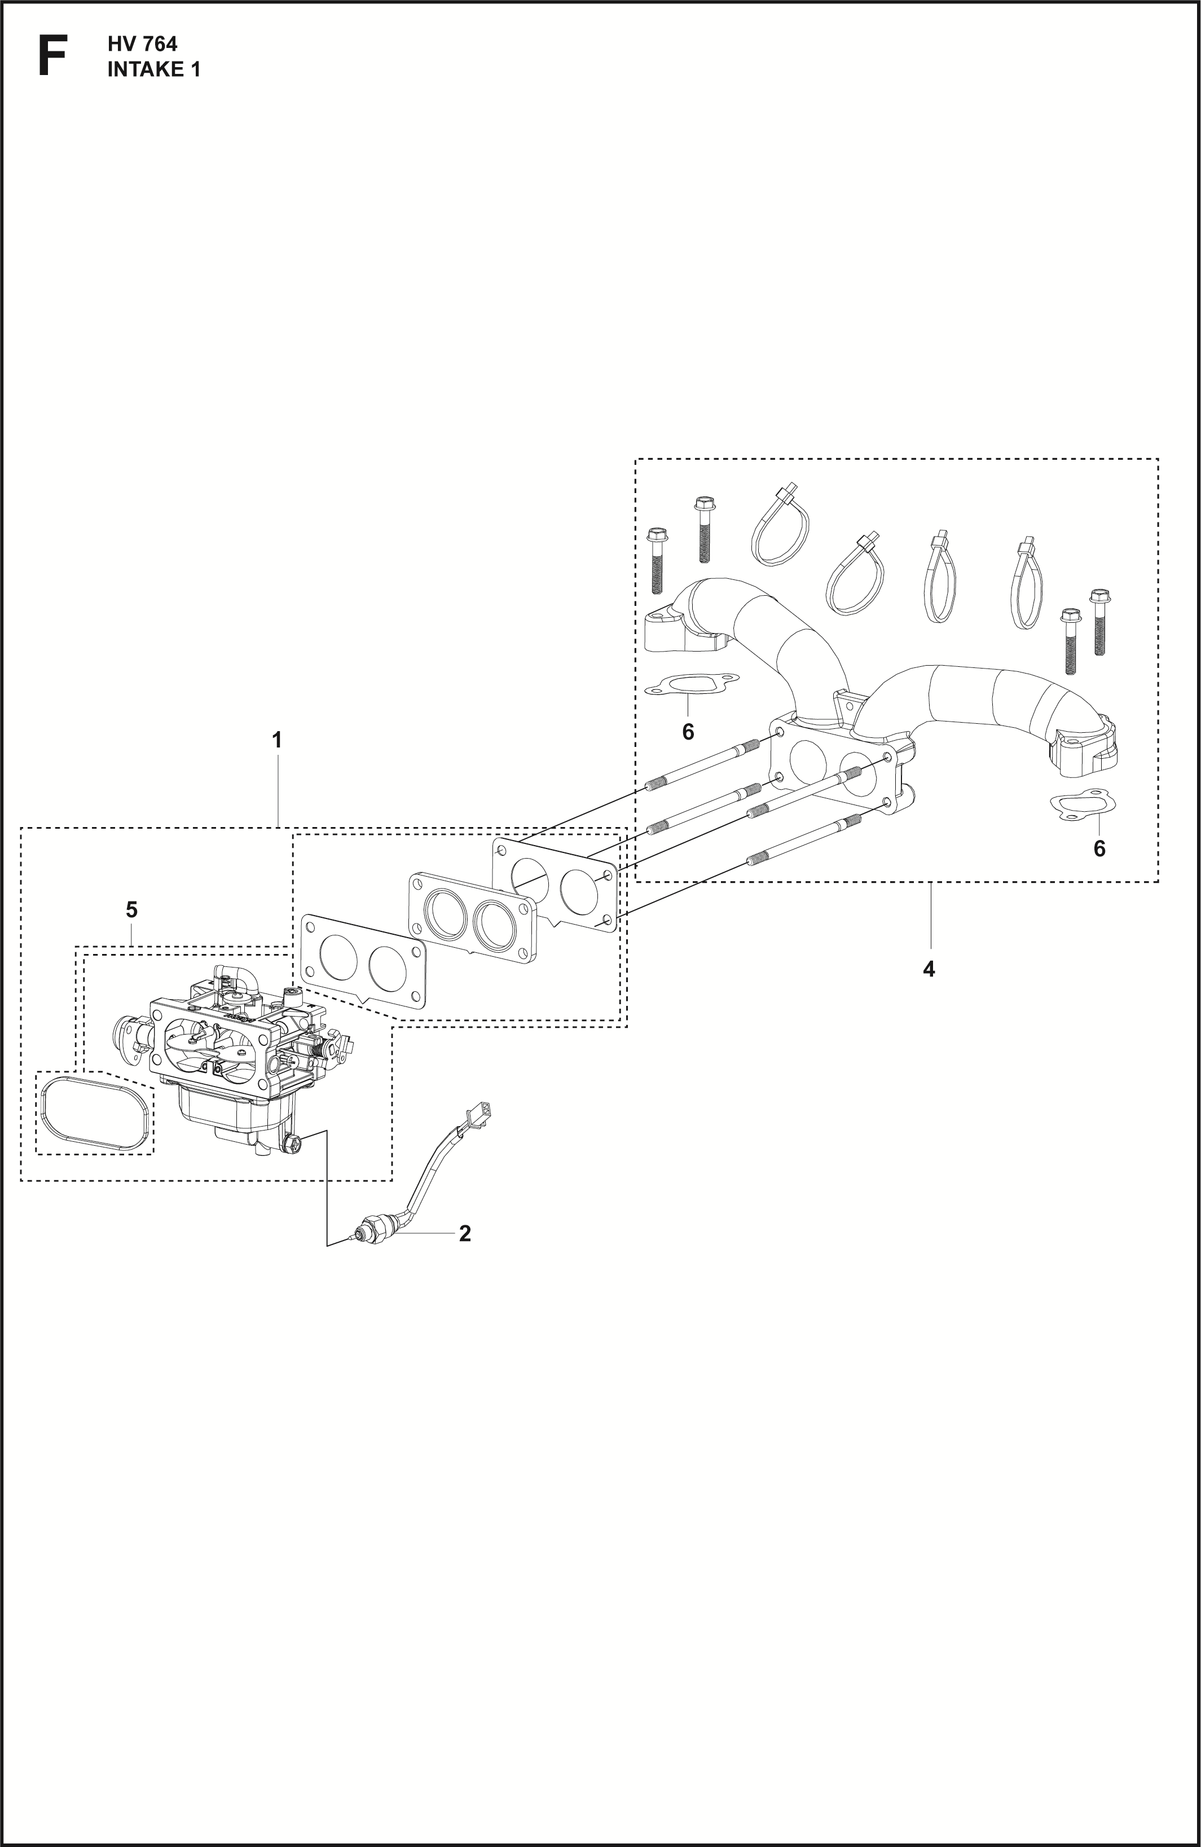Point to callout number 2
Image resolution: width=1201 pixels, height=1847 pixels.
(465, 1233)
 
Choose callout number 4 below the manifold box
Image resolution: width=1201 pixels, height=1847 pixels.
(929, 969)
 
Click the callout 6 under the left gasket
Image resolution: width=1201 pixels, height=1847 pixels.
(688, 731)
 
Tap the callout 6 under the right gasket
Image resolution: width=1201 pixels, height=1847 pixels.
(1099, 849)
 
